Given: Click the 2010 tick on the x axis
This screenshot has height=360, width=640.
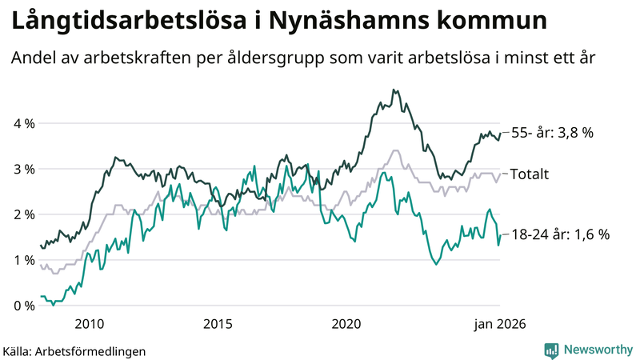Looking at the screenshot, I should (x=89, y=323).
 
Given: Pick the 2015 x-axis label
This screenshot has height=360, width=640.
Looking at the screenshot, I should (x=218, y=323).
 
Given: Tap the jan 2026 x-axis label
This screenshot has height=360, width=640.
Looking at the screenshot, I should (x=499, y=323).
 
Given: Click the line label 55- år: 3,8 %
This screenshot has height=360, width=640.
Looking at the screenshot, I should (x=552, y=133).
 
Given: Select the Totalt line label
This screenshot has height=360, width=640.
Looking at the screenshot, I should (x=529, y=174).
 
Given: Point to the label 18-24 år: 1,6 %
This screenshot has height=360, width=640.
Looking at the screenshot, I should (x=560, y=234).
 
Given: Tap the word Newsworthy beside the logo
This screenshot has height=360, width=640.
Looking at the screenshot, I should (x=598, y=350).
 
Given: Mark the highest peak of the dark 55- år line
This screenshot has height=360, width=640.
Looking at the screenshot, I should (x=394, y=90).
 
